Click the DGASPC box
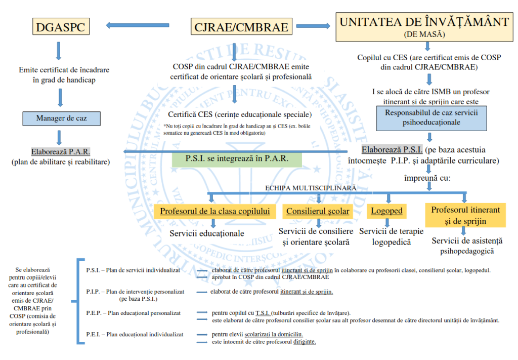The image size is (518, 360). coord(60,27)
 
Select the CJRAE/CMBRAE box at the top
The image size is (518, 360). coord(241,27)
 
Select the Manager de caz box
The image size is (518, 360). coord(61,118)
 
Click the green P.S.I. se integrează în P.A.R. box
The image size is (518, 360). coord(237,158)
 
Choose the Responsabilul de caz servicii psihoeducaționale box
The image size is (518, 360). coord(431,117)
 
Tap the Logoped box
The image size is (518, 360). coord(386,211)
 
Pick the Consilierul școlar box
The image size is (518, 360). coord(318,211)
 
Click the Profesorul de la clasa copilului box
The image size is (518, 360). coord(215,211)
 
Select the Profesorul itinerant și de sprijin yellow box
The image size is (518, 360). coord(465,215)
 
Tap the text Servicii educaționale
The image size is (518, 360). coord(207,233)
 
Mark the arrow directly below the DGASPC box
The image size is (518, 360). coord(60,51)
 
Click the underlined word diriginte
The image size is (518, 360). coord(305,342)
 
